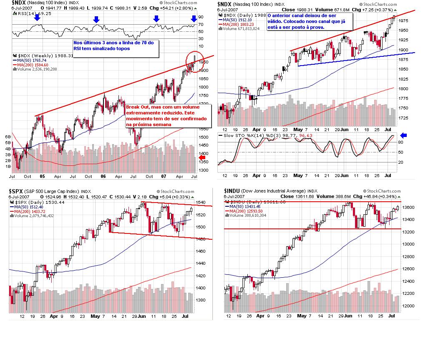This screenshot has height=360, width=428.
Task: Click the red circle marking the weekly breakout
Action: click(193, 62)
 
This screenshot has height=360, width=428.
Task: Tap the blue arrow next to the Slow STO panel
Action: click(403, 135)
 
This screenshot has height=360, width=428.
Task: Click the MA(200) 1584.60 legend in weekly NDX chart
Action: click(33, 65)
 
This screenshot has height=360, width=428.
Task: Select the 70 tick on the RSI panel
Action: click(201, 25)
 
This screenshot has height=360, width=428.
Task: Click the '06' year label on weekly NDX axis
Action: click(103, 176)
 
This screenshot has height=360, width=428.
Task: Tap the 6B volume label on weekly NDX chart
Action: click(8, 137)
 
